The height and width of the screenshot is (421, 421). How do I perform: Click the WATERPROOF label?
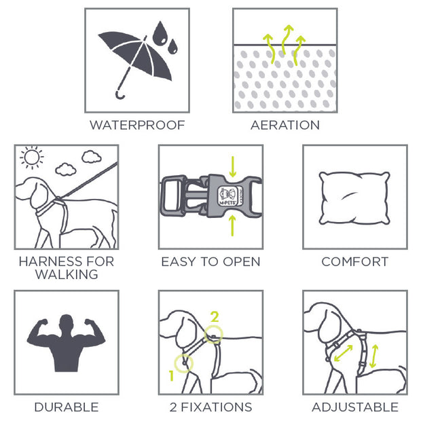tap(137, 125)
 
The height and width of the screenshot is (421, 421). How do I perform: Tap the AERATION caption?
tap(285, 125)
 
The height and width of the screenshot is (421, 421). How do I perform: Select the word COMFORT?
tap(355, 262)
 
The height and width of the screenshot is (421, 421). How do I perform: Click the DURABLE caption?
tap(67, 407)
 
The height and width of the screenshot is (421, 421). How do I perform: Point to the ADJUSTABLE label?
tap(355, 407)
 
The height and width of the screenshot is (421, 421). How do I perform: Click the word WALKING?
tap(67, 274)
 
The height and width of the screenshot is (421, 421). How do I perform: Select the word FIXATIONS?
tap(217, 407)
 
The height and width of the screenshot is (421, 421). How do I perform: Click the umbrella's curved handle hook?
tap(120, 95)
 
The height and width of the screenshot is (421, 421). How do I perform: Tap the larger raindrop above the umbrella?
tap(160, 33)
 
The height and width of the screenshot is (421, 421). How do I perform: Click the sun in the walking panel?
tap(32, 158)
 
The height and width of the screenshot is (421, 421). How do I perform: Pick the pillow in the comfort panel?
tap(354, 198)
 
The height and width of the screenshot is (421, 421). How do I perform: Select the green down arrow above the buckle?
tap(233, 167)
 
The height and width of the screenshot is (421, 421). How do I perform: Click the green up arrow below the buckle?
tap(233, 225)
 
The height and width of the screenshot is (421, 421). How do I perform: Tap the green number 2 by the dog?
tap(215, 317)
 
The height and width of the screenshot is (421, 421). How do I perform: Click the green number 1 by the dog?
tap(172, 376)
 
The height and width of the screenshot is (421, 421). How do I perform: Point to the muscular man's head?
tap(66, 322)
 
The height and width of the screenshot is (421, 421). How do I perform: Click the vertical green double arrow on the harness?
tap(373, 356)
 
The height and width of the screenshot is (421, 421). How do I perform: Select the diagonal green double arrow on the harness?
tap(343, 353)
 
